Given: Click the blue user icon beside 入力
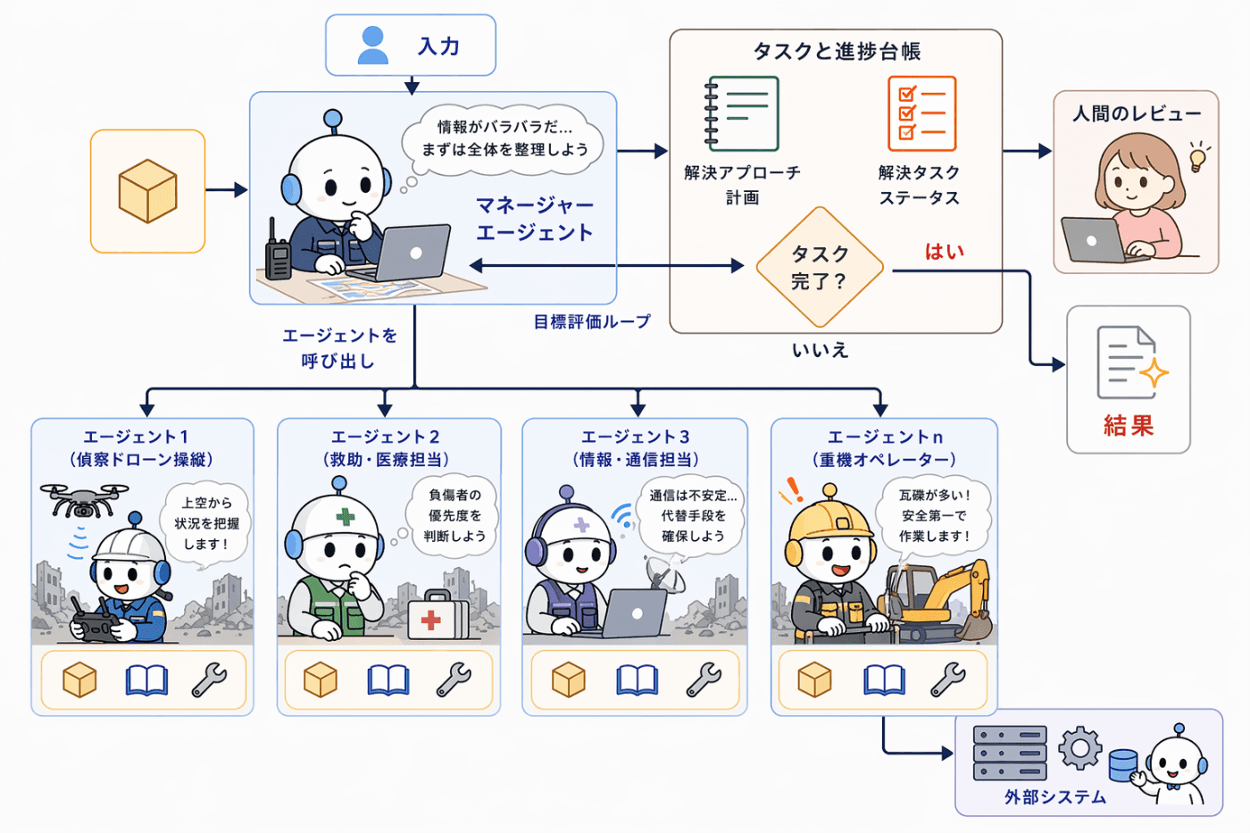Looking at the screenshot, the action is click(373, 46).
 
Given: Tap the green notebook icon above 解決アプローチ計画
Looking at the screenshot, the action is click(742, 113).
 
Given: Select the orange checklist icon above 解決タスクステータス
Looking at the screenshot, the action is click(921, 113).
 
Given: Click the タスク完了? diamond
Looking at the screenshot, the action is click(820, 267).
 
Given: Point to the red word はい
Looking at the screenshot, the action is click(945, 252).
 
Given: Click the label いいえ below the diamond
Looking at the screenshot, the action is click(821, 350).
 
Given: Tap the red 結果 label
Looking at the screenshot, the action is click(1129, 426).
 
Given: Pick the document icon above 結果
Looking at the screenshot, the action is click(1132, 362).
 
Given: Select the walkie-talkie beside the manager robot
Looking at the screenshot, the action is click(278, 251).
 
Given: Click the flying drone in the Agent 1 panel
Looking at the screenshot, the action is click(84, 500).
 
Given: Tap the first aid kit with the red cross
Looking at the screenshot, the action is click(438, 614).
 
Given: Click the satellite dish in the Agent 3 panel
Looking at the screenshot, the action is click(665, 575).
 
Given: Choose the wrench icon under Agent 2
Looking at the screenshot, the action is click(454, 679).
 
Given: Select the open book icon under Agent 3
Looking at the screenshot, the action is click(637, 680).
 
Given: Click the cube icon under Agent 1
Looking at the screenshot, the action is click(79, 679).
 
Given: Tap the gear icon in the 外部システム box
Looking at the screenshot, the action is click(1079, 748).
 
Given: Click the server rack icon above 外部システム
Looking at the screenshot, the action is click(1010, 753).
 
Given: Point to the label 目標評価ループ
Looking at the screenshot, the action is click(592, 321).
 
